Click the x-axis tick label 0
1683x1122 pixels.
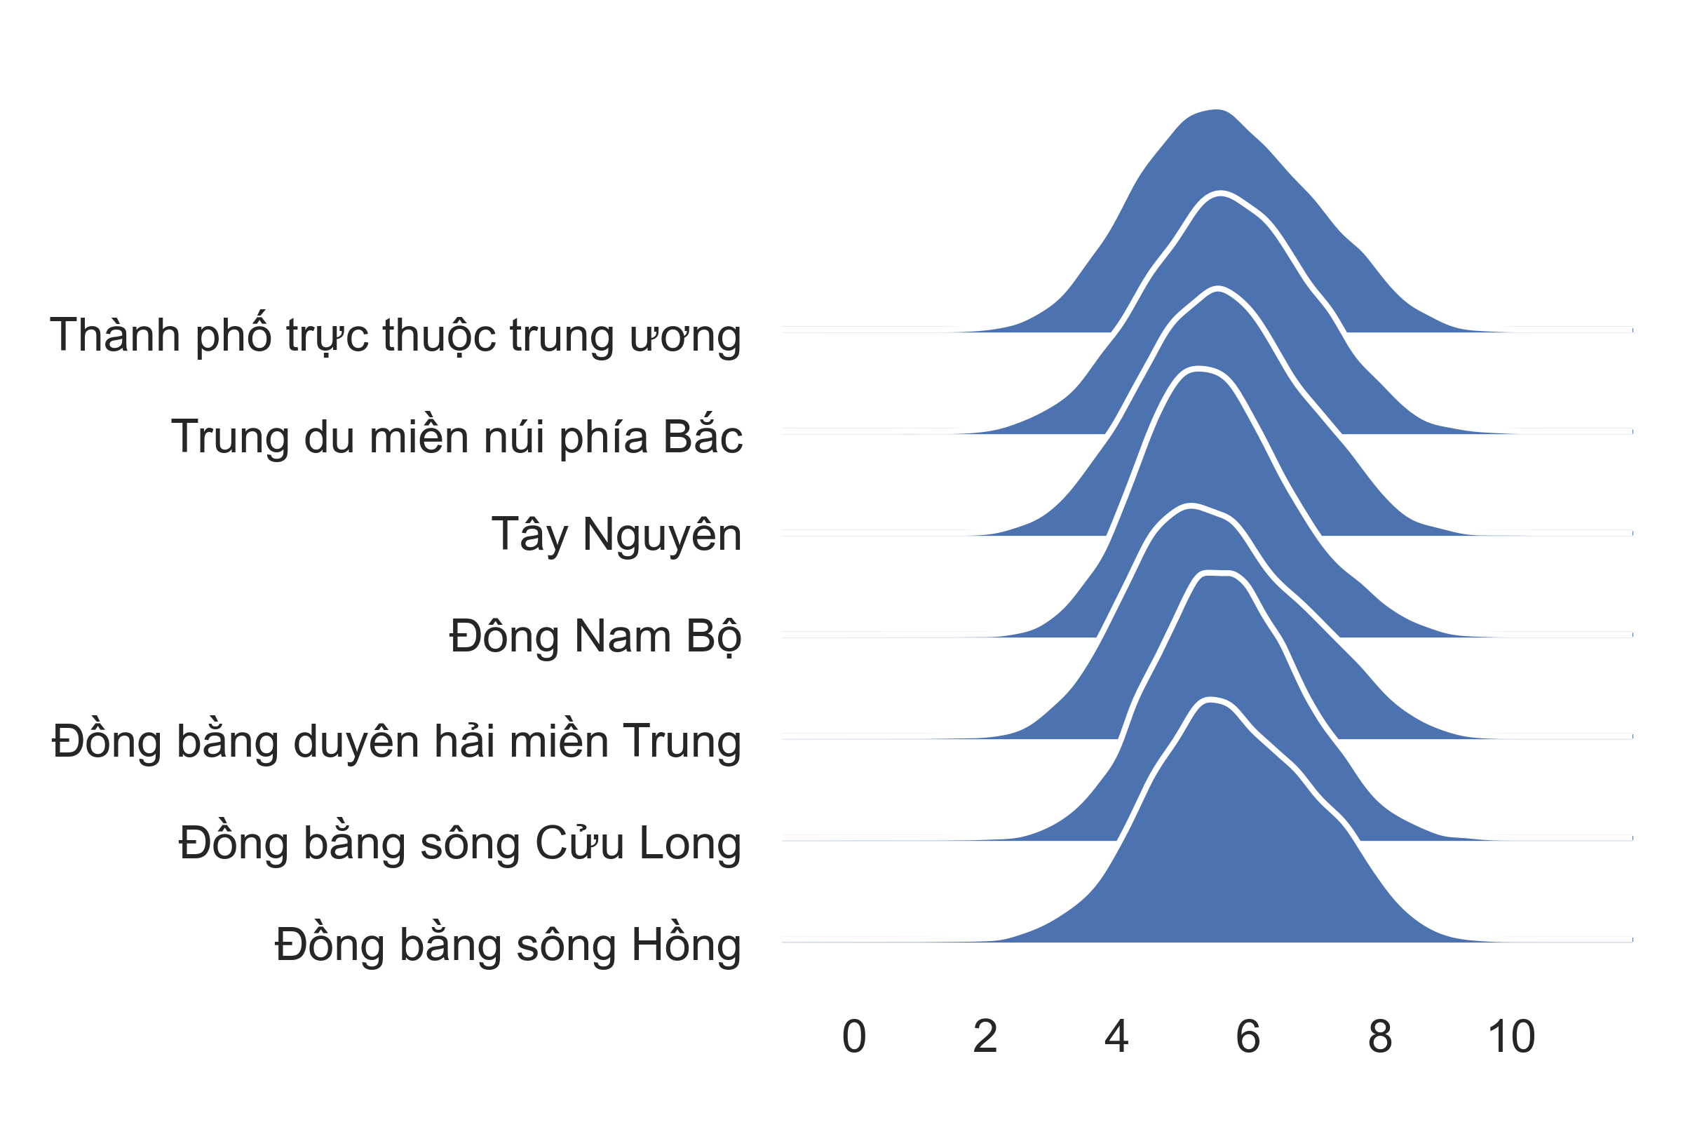click(x=853, y=1036)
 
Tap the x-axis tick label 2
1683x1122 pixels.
click(x=985, y=1036)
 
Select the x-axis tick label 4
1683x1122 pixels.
click(x=1116, y=1036)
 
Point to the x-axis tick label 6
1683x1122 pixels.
click(x=1248, y=1036)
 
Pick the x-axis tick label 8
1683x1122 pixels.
click(x=1379, y=1036)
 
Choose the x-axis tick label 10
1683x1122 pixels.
click(x=1511, y=1036)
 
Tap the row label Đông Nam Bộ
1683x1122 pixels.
click(x=595, y=637)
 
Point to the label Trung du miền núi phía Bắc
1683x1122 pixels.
click(x=457, y=435)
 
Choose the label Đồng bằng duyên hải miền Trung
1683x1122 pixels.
click(x=396, y=740)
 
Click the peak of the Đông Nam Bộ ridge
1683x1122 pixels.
click(x=1190, y=505)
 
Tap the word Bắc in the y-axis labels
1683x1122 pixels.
click(x=703, y=435)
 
